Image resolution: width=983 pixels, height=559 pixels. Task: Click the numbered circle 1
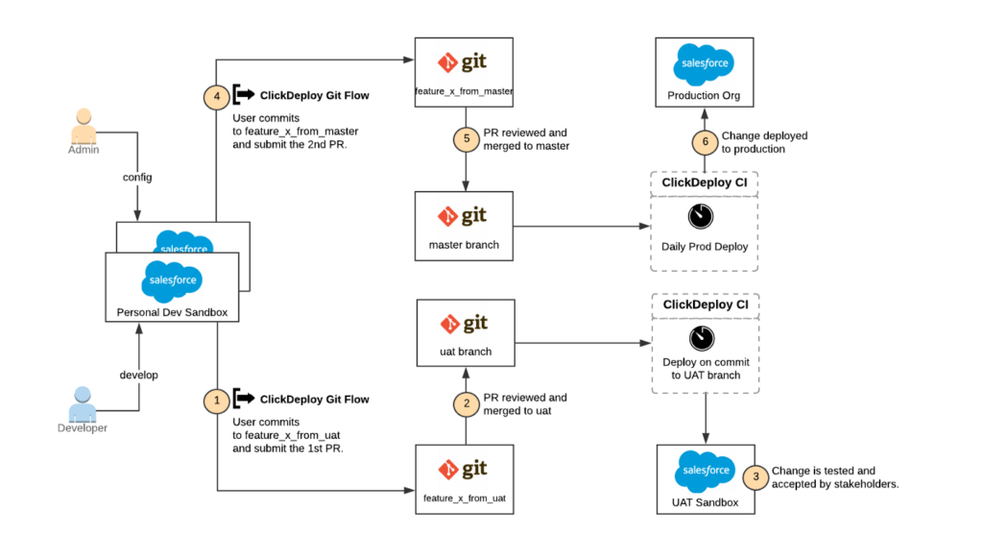click(x=218, y=399)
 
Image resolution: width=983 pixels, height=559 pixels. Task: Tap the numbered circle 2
click(x=467, y=404)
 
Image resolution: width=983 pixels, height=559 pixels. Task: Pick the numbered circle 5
click(x=467, y=139)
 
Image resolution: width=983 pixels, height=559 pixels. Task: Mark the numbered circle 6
click(x=705, y=142)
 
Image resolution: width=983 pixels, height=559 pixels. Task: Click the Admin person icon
click(x=84, y=128)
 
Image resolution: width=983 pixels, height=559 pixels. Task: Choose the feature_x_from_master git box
click(x=465, y=72)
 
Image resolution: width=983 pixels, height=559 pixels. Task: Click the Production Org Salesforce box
click(x=705, y=73)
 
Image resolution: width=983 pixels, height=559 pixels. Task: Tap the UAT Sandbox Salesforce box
click(x=706, y=478)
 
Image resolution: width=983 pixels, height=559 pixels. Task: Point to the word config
click(x=137, y=178)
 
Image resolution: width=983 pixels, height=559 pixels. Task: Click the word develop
click(x=137, y=374)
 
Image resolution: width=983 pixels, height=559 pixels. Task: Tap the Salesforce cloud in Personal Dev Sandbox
click(x=172, y=280)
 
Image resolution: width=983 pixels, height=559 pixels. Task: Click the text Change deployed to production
click(x=764, y=142)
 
